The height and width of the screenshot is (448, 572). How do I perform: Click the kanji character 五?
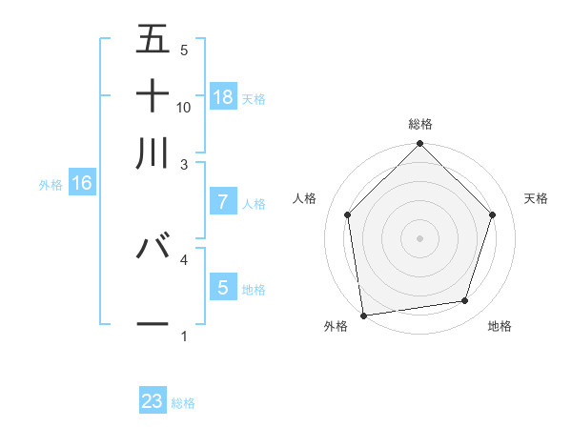click(x=153, y=40)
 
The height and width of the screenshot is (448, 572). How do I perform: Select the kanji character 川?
click(x=153, y=153)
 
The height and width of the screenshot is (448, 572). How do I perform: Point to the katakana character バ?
click(x=153, y=246)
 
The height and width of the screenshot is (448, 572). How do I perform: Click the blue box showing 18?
click(x=223, y=96)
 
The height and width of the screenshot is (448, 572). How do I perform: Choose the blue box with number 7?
click(x=223, y=202)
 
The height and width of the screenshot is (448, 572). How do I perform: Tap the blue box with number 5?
click(x=223, y=287)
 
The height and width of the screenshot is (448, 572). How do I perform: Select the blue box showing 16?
click(x=82, y=183)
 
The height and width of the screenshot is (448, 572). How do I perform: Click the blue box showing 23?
click(x=153, y=401)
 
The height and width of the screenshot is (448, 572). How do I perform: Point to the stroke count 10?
click(x=184, y=108)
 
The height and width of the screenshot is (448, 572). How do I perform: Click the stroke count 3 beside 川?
click(x=184, y=165)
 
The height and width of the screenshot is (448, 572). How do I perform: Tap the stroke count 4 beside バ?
click(x=184, y=258)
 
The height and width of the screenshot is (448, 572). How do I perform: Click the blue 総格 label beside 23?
click(x=183, y=403)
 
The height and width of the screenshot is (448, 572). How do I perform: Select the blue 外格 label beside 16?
click(x=51, y=185)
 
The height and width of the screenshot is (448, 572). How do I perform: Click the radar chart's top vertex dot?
click(x=419, y=145)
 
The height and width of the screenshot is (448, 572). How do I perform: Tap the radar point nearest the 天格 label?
click(x=493, y=214)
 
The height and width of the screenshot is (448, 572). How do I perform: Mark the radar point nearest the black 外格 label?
click(x=364, y=315)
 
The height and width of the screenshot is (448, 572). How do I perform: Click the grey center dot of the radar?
click(x=419, y=238)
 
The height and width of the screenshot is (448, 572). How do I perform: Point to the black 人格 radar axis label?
click(x=305, y=198)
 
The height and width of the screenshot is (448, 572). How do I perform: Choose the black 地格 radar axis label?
click(x=500, y=327)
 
